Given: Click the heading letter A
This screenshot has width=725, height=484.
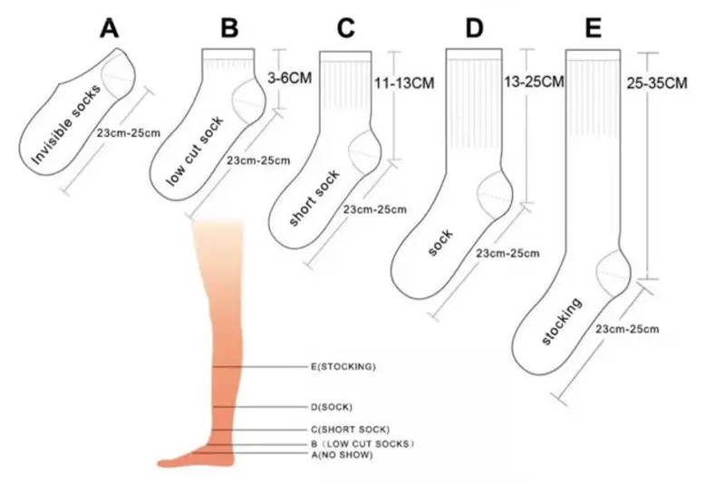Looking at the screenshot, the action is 109,28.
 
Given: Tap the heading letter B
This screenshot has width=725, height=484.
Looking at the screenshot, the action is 229,28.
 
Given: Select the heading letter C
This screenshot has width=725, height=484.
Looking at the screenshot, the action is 346,28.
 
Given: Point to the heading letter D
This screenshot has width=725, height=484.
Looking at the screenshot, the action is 474,28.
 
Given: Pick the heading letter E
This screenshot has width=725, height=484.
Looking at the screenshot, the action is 594,28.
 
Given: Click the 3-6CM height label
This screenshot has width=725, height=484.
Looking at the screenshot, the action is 289,78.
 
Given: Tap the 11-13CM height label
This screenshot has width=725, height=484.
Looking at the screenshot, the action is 404,83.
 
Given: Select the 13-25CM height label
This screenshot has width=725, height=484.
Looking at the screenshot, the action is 534,82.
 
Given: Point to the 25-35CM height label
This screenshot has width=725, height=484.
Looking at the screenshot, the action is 656,83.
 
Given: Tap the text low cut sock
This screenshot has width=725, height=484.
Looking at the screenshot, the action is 194,151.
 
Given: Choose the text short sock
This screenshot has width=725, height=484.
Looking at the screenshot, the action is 314,198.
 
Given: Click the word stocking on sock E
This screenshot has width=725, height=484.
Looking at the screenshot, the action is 561,321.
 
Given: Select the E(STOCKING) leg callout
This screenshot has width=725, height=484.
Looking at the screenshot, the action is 343,366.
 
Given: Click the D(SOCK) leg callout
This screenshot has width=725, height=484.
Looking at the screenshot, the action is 331,407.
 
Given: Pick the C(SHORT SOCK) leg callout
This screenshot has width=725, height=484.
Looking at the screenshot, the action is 350,430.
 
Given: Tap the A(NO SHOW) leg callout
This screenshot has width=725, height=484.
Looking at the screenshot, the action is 342,455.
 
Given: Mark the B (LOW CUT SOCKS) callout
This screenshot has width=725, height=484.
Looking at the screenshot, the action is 362,444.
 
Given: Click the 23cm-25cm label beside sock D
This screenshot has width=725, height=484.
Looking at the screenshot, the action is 507,253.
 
